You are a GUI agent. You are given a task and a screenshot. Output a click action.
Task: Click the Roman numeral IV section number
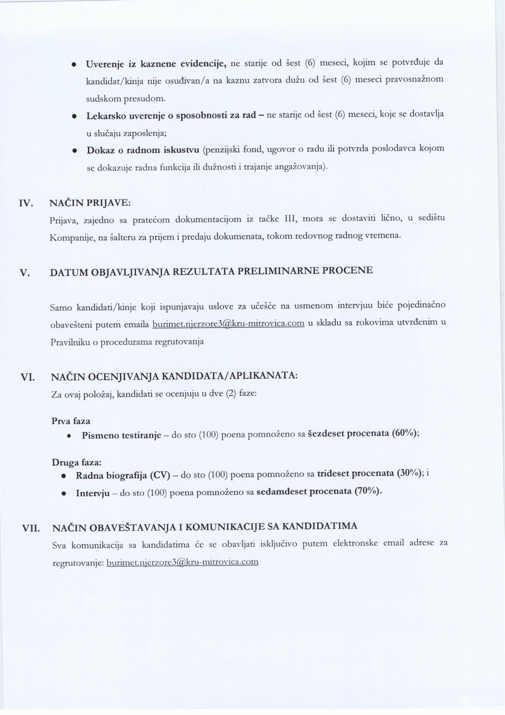(26, 204)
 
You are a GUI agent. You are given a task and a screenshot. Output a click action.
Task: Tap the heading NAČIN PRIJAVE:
(90, 203)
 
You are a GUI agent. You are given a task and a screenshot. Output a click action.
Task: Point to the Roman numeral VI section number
(27, 377)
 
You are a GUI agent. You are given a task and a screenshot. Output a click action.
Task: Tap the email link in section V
(228, 324)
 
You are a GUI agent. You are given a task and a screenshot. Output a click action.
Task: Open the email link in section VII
(182, 562)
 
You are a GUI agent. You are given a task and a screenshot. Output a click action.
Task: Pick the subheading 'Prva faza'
(71, 421)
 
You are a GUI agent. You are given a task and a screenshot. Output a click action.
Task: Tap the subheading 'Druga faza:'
(77, 463)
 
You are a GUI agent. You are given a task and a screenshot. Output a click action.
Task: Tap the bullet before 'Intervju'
(64, 493)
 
